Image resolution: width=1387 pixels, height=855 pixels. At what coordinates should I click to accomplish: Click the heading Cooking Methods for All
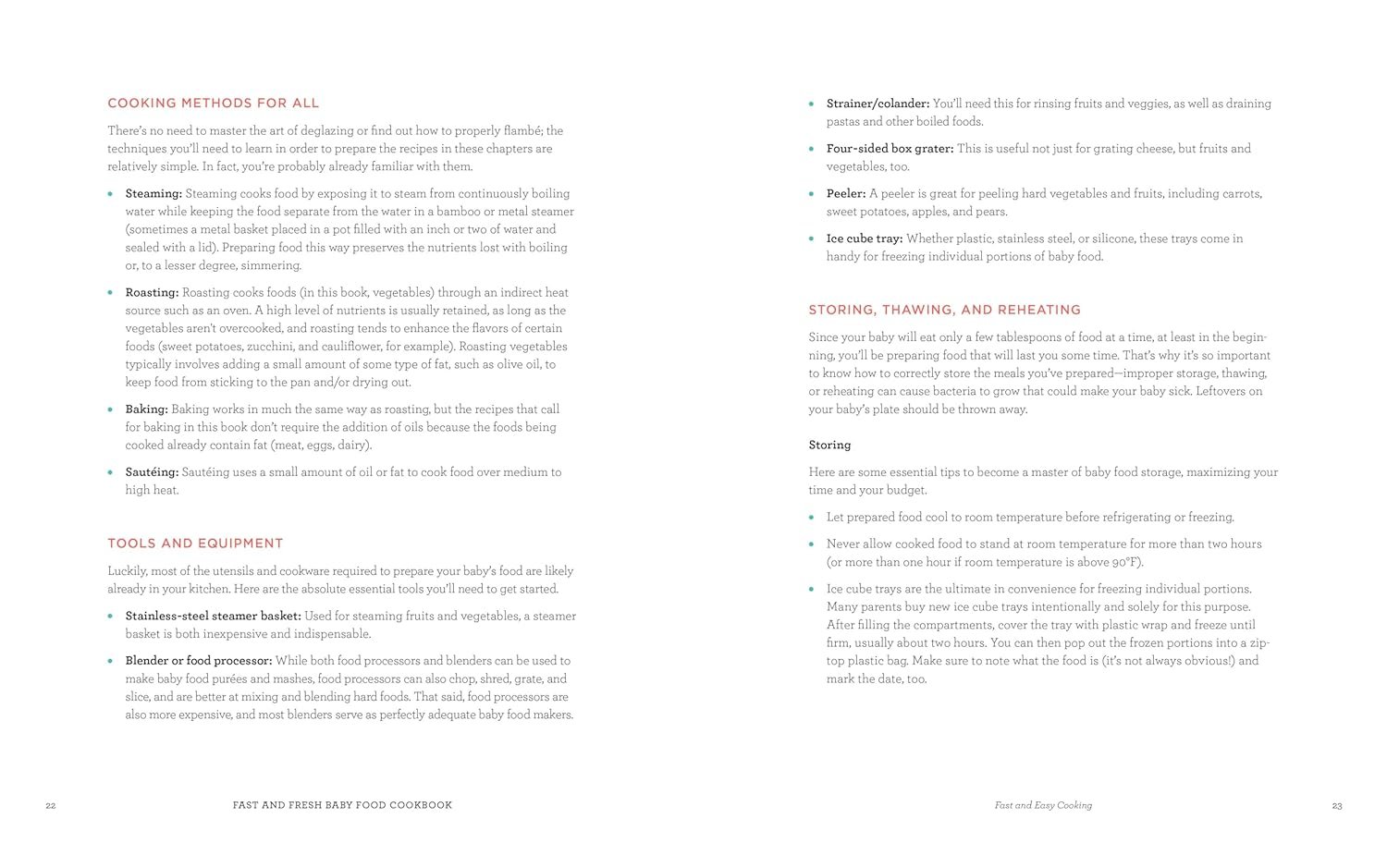(213, 104)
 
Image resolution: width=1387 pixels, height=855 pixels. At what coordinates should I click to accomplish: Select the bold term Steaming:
(153, 194)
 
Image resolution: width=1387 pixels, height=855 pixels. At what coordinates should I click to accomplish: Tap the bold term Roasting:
(152, 293)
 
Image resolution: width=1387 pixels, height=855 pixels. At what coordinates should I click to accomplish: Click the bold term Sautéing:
(152, 472)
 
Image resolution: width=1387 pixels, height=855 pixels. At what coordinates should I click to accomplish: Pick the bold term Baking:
(146, 409)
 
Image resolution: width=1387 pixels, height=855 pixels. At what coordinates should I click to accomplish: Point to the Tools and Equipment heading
(195, 544)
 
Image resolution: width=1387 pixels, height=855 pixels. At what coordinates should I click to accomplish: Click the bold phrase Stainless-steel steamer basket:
(213, 617)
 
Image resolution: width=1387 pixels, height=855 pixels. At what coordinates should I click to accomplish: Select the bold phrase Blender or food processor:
(199, 661)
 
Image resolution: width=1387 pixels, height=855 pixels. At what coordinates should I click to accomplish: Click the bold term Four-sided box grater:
(890, 149)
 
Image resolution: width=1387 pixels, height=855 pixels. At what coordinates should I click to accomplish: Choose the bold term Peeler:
(846, 194)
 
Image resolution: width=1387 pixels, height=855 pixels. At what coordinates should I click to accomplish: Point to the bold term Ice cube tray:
(865, 238)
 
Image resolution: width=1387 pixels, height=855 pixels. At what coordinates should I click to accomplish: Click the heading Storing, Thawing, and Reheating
(944, 311)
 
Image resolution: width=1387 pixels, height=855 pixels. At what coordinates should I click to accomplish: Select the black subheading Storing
(829, 446)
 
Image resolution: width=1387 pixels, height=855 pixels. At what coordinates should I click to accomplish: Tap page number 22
(51, 806)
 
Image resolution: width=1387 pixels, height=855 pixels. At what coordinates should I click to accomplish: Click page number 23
(1336, 806)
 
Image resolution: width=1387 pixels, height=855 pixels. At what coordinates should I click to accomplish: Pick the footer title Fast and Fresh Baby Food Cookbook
(342, 805)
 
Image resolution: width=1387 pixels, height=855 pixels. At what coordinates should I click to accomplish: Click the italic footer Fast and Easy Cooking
(1043, 805)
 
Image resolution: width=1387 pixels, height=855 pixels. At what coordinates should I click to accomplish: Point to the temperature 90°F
(1125, 563)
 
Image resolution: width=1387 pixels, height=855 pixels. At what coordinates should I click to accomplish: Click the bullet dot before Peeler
(812, 194)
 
